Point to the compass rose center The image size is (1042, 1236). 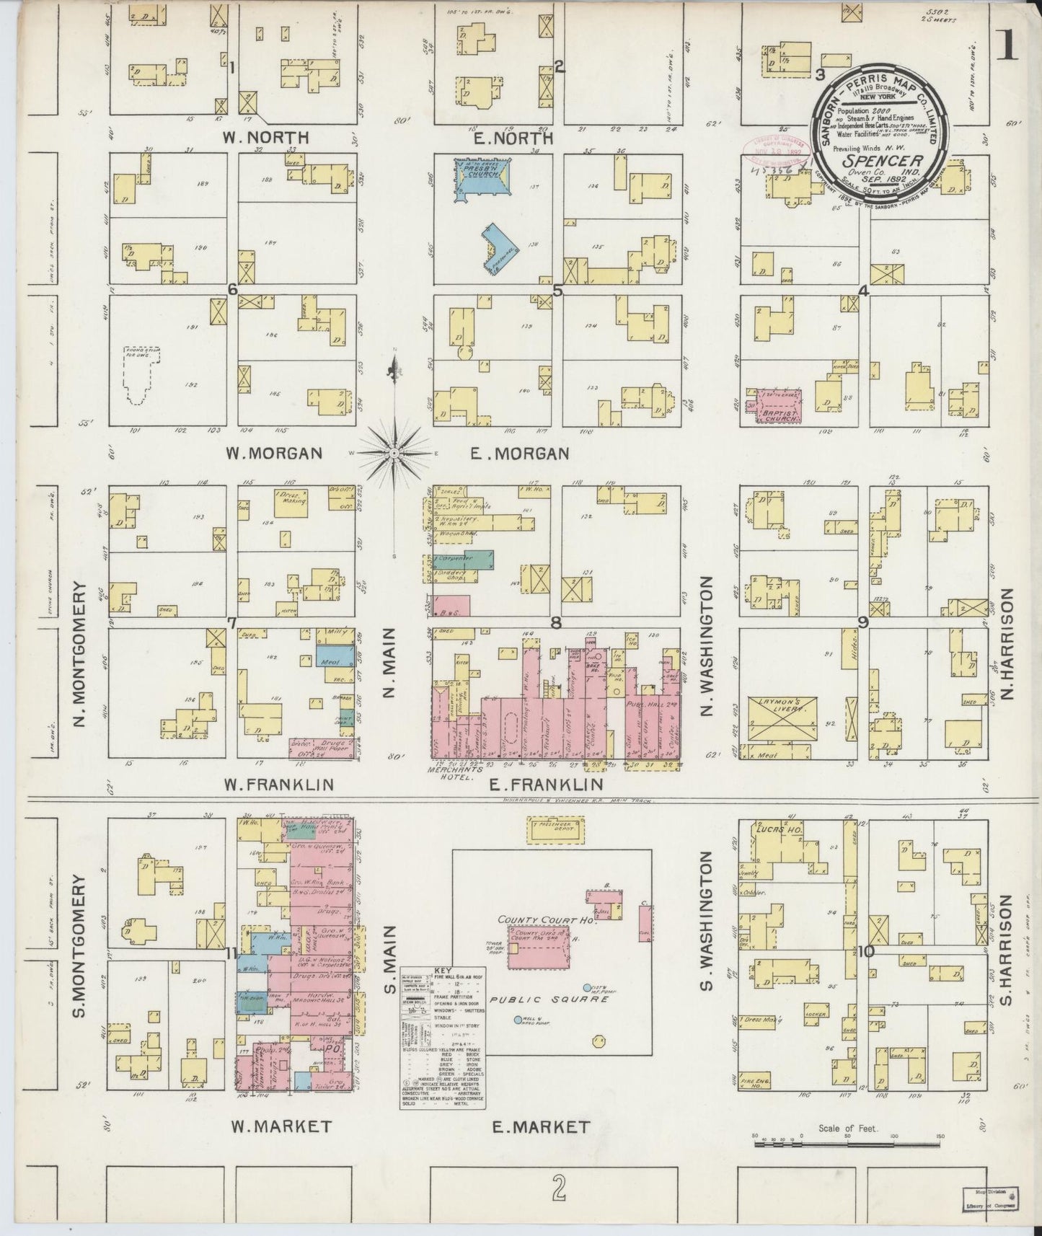pyautogui.click(x=394, y=452)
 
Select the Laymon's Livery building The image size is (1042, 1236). pyautogui.click(x=782, y=714)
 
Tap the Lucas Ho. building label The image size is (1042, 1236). pyautogui.click(x=775, y=829)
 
